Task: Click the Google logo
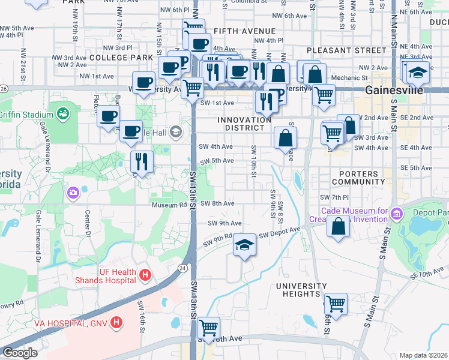(19, 353)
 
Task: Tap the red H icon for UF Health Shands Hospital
(144, 275)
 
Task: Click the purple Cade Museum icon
(396, 214)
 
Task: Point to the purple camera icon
(73, 193)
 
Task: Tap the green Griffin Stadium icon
(62, 112)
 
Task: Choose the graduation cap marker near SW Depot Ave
(244, 245)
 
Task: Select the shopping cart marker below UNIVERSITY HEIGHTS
(335, 303)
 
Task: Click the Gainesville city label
(394, 90)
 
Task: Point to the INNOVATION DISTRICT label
(244, 124)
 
